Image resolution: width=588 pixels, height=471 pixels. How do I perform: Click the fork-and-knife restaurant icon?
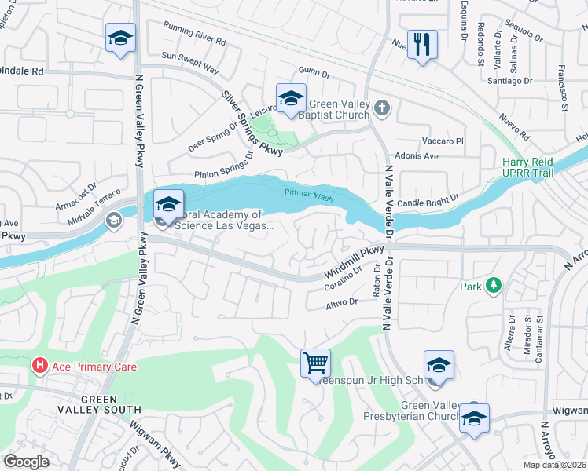(422, 45)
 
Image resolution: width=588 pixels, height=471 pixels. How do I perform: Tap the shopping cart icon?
(315, 363)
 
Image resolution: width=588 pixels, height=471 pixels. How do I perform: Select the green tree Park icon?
(493, 285)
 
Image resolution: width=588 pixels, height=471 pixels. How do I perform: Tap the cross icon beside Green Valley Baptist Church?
(381, 108)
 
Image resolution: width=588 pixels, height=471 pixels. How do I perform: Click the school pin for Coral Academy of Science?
(168, 205)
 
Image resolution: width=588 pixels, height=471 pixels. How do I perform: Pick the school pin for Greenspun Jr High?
(439, 365)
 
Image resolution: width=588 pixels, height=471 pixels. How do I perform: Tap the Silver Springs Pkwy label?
(252, 122)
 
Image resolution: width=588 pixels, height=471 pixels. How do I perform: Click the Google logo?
(27, 461)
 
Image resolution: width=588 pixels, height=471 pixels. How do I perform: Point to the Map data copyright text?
(554, 465)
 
